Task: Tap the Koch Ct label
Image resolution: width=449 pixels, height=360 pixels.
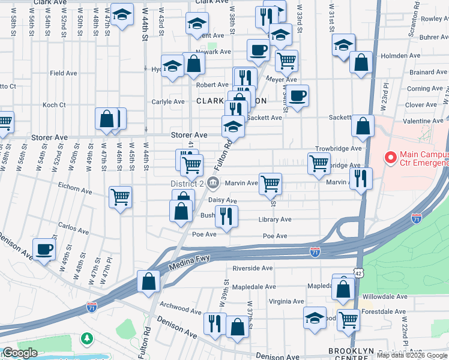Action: click(x=54, y=105)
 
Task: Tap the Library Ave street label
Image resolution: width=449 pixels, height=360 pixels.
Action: click(x=276, y=220)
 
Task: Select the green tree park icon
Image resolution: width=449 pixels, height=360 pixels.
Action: click(x=88, y=339)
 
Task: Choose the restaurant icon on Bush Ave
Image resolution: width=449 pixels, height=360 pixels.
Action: click(x=226, y=215)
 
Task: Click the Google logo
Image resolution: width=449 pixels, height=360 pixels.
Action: click(x=20, y=353)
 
